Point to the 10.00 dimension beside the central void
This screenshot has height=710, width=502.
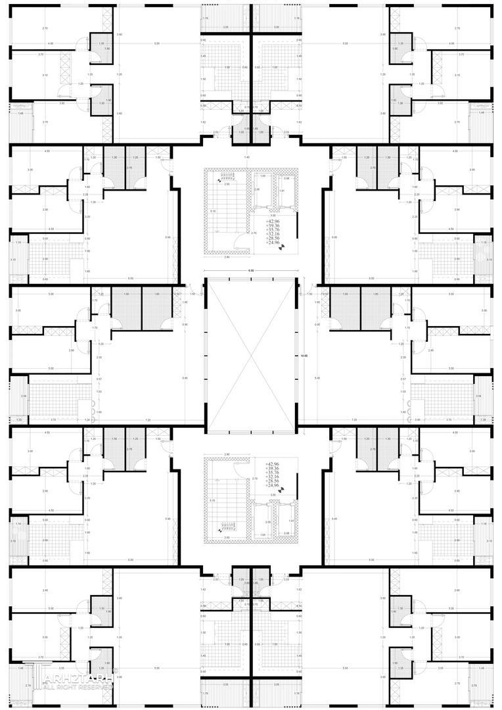(x=303, y=356)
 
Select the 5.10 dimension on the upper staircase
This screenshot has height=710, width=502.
(x=213, y=211)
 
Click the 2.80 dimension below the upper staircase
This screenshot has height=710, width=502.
(x=227, y=256)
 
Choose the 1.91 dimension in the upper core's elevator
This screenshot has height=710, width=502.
(x=281, y=191)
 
